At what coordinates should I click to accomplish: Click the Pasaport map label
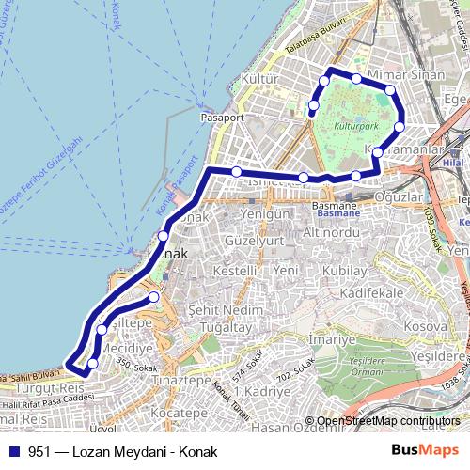click(222, 119)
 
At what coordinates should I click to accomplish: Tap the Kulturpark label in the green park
click(353, 122)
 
